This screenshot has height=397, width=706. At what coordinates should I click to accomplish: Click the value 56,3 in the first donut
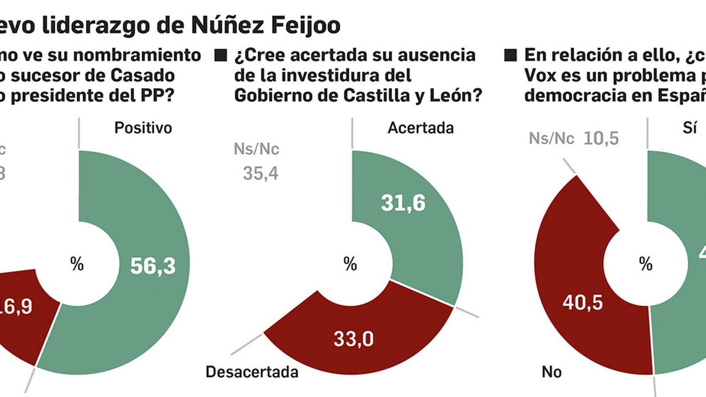[153, 266]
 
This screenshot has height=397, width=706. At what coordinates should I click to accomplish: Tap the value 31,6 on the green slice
[403, 203]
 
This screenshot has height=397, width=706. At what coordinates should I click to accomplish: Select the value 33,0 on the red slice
[353, 339]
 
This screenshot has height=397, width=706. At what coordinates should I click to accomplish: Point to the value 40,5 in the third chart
[582, 303]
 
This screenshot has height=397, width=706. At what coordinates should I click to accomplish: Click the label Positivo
[143, 128]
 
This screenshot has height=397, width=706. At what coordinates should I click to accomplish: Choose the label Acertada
[421, 128]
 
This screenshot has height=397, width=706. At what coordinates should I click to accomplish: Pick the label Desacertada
[252, 372]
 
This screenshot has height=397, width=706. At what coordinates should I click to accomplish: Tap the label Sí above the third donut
[690, 128]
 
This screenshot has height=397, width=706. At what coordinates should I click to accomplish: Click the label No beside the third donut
[552, 372]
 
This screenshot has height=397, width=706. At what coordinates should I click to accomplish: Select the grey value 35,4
[261, 173]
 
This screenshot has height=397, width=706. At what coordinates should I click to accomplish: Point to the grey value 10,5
[601, 139]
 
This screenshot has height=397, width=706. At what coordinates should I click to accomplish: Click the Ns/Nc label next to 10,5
[552, 139]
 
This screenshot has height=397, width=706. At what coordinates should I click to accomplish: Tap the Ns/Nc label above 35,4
[256, 149]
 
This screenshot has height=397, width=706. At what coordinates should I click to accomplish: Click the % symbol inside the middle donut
[350, 264]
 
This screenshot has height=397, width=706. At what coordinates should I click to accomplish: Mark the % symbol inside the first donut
[77, 264]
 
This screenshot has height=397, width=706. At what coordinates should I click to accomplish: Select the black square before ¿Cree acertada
[220, 56]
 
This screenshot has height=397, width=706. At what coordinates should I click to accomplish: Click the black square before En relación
[510, 56]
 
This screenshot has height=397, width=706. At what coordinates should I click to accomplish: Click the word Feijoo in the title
[305, 25]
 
